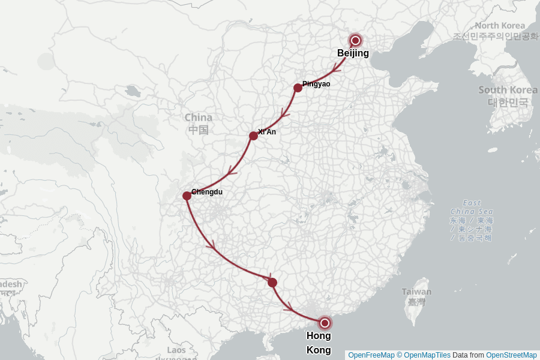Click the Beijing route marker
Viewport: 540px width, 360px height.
point(355,40)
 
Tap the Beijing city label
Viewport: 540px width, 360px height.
point(353,53)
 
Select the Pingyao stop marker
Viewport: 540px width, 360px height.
point(298,88)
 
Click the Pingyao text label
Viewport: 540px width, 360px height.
point(316,84)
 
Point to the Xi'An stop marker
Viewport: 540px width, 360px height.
point(253,136)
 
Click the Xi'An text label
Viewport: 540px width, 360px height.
point(267,132)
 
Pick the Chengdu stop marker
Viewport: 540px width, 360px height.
point(187,196)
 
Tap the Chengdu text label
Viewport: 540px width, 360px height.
point(207,192)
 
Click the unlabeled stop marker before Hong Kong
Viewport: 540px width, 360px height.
point(272,283)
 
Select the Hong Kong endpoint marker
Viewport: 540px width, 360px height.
point(325,323)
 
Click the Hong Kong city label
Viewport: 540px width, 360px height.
point(319,343)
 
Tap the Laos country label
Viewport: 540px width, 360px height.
point(176,350)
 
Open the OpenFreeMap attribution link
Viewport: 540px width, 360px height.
point(371,355)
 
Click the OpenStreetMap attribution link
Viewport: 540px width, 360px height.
point(511,355)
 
